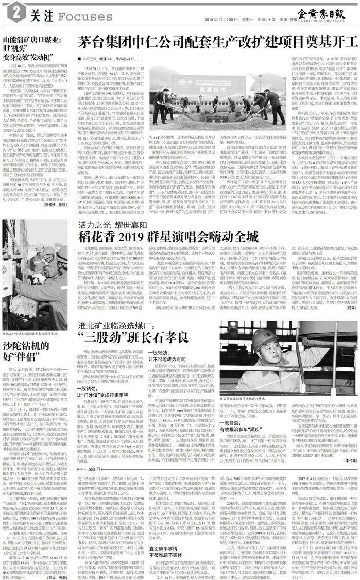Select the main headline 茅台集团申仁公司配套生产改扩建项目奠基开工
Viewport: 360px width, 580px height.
pos(216,44)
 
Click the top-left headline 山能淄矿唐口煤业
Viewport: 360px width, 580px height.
pos(32,39)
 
